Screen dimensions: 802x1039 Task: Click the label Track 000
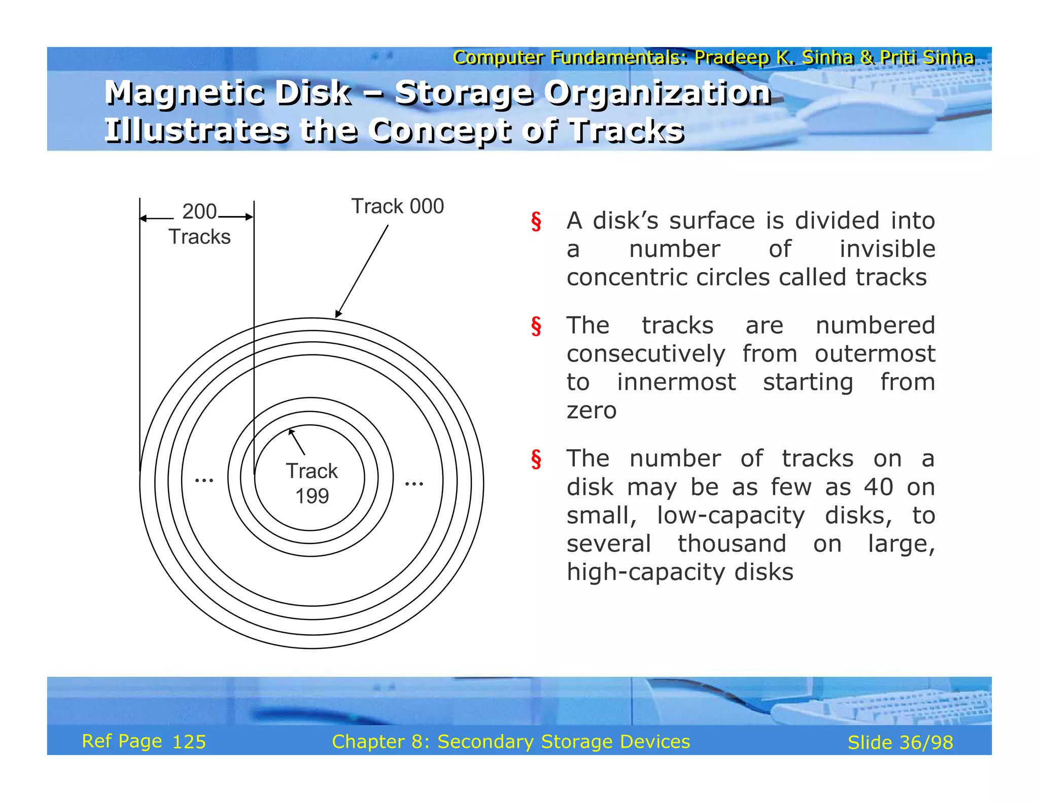[x=397, y=207]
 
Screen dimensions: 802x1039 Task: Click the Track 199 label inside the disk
[x=311, y=483]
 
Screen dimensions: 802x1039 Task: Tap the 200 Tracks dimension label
[x=199, y=224]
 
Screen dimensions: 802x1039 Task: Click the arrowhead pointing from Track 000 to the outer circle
[x=338, y=314]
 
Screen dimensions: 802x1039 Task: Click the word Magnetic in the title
[x=178, y=93]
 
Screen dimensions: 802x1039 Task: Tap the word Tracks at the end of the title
[x=627, y=131]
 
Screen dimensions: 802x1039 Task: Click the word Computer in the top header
[x=499, y=57]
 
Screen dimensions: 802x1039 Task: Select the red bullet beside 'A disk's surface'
[x=536, y=222]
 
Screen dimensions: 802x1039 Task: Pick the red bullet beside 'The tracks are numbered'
[x=536, y=326]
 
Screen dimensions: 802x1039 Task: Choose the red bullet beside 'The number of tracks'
[x=536, y=459]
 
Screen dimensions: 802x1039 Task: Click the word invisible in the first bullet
[x=887, y=249]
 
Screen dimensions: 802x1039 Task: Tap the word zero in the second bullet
[x=592, y=410]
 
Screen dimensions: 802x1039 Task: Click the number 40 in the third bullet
[x=879, y=487]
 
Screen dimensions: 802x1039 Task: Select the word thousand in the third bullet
[x=732, y=544]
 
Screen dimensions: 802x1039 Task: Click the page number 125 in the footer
[x=189, y=742]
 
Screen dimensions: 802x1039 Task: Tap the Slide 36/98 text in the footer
[x=900, y=743]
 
